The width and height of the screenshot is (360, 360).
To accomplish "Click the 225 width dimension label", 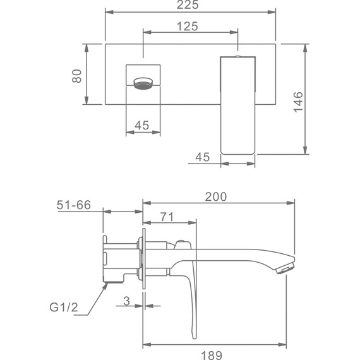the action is [188, 4].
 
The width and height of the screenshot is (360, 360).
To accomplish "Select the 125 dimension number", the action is [188, 27].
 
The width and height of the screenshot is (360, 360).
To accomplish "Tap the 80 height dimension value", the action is [77, 76].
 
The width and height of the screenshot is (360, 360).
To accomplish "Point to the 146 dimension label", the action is [299, 102].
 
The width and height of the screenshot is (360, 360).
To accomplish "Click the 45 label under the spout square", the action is [142, 125].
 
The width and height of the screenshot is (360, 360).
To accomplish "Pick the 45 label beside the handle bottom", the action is [203, 157].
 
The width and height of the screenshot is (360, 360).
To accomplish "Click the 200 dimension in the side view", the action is [216, 197].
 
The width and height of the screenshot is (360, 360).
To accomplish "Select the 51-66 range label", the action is [74, 205].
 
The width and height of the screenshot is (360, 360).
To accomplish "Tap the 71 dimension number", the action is [167, 217].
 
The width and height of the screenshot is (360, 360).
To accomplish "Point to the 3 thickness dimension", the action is [126, 301].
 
